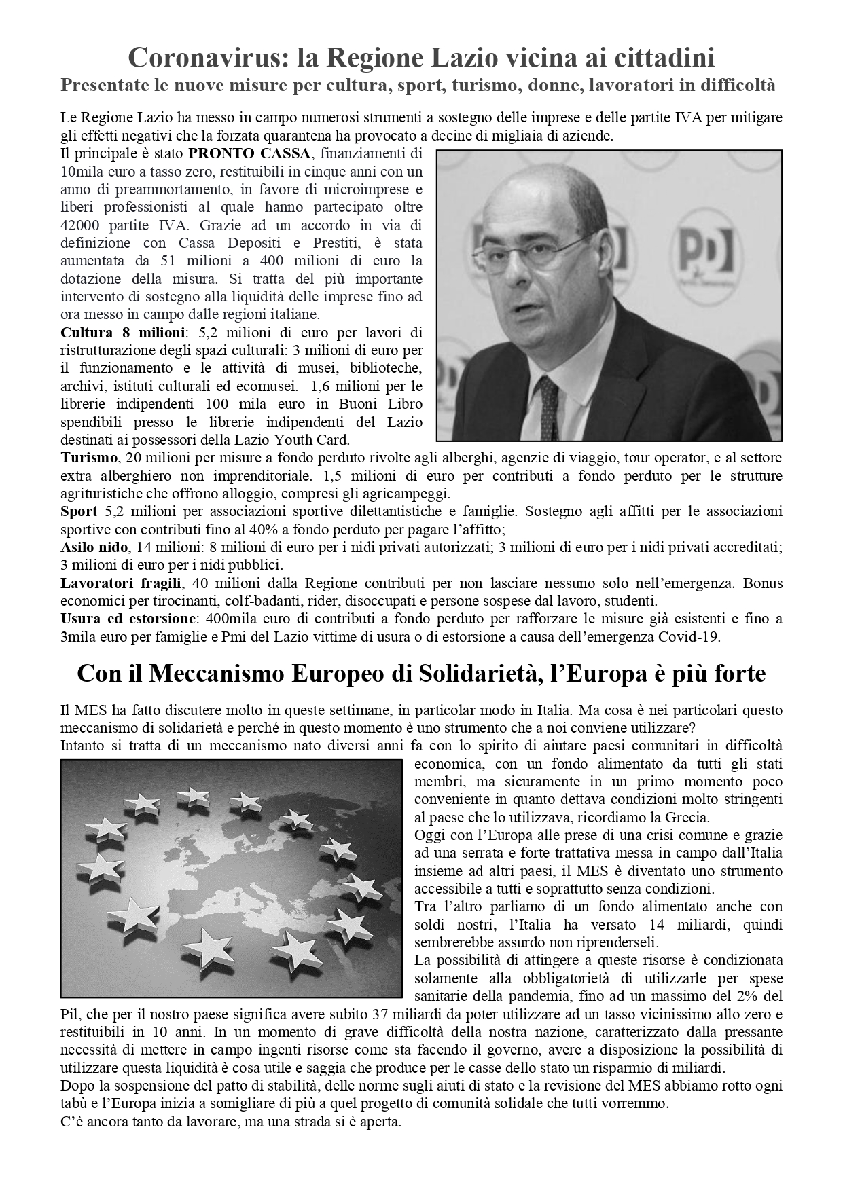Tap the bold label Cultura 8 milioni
coord(122,333)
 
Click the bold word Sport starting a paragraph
coord(79,511)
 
